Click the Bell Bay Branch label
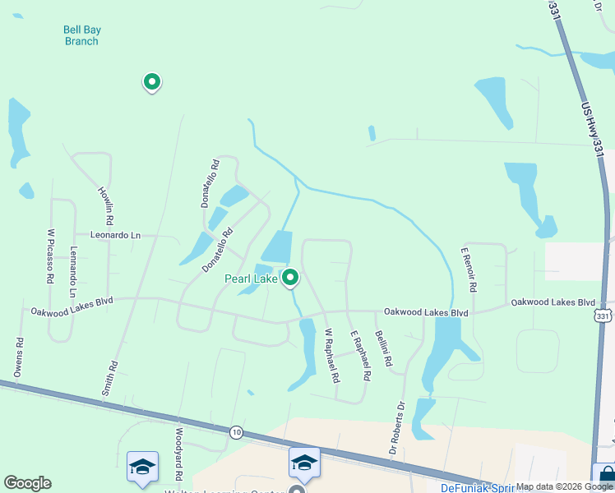pos(81,36)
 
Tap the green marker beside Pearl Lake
pos(290,279)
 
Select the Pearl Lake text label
pos(252,279)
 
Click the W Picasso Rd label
pos(50,256)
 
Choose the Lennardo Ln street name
pos(73,272)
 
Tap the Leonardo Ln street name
pos(116,236)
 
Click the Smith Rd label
pos(109,379)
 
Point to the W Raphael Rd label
pos(331,357)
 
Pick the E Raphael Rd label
pos(361,356)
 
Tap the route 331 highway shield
pos(603,316)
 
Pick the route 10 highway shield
pos(237,433)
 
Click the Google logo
pos(27,483)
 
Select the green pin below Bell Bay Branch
pos(151,81)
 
